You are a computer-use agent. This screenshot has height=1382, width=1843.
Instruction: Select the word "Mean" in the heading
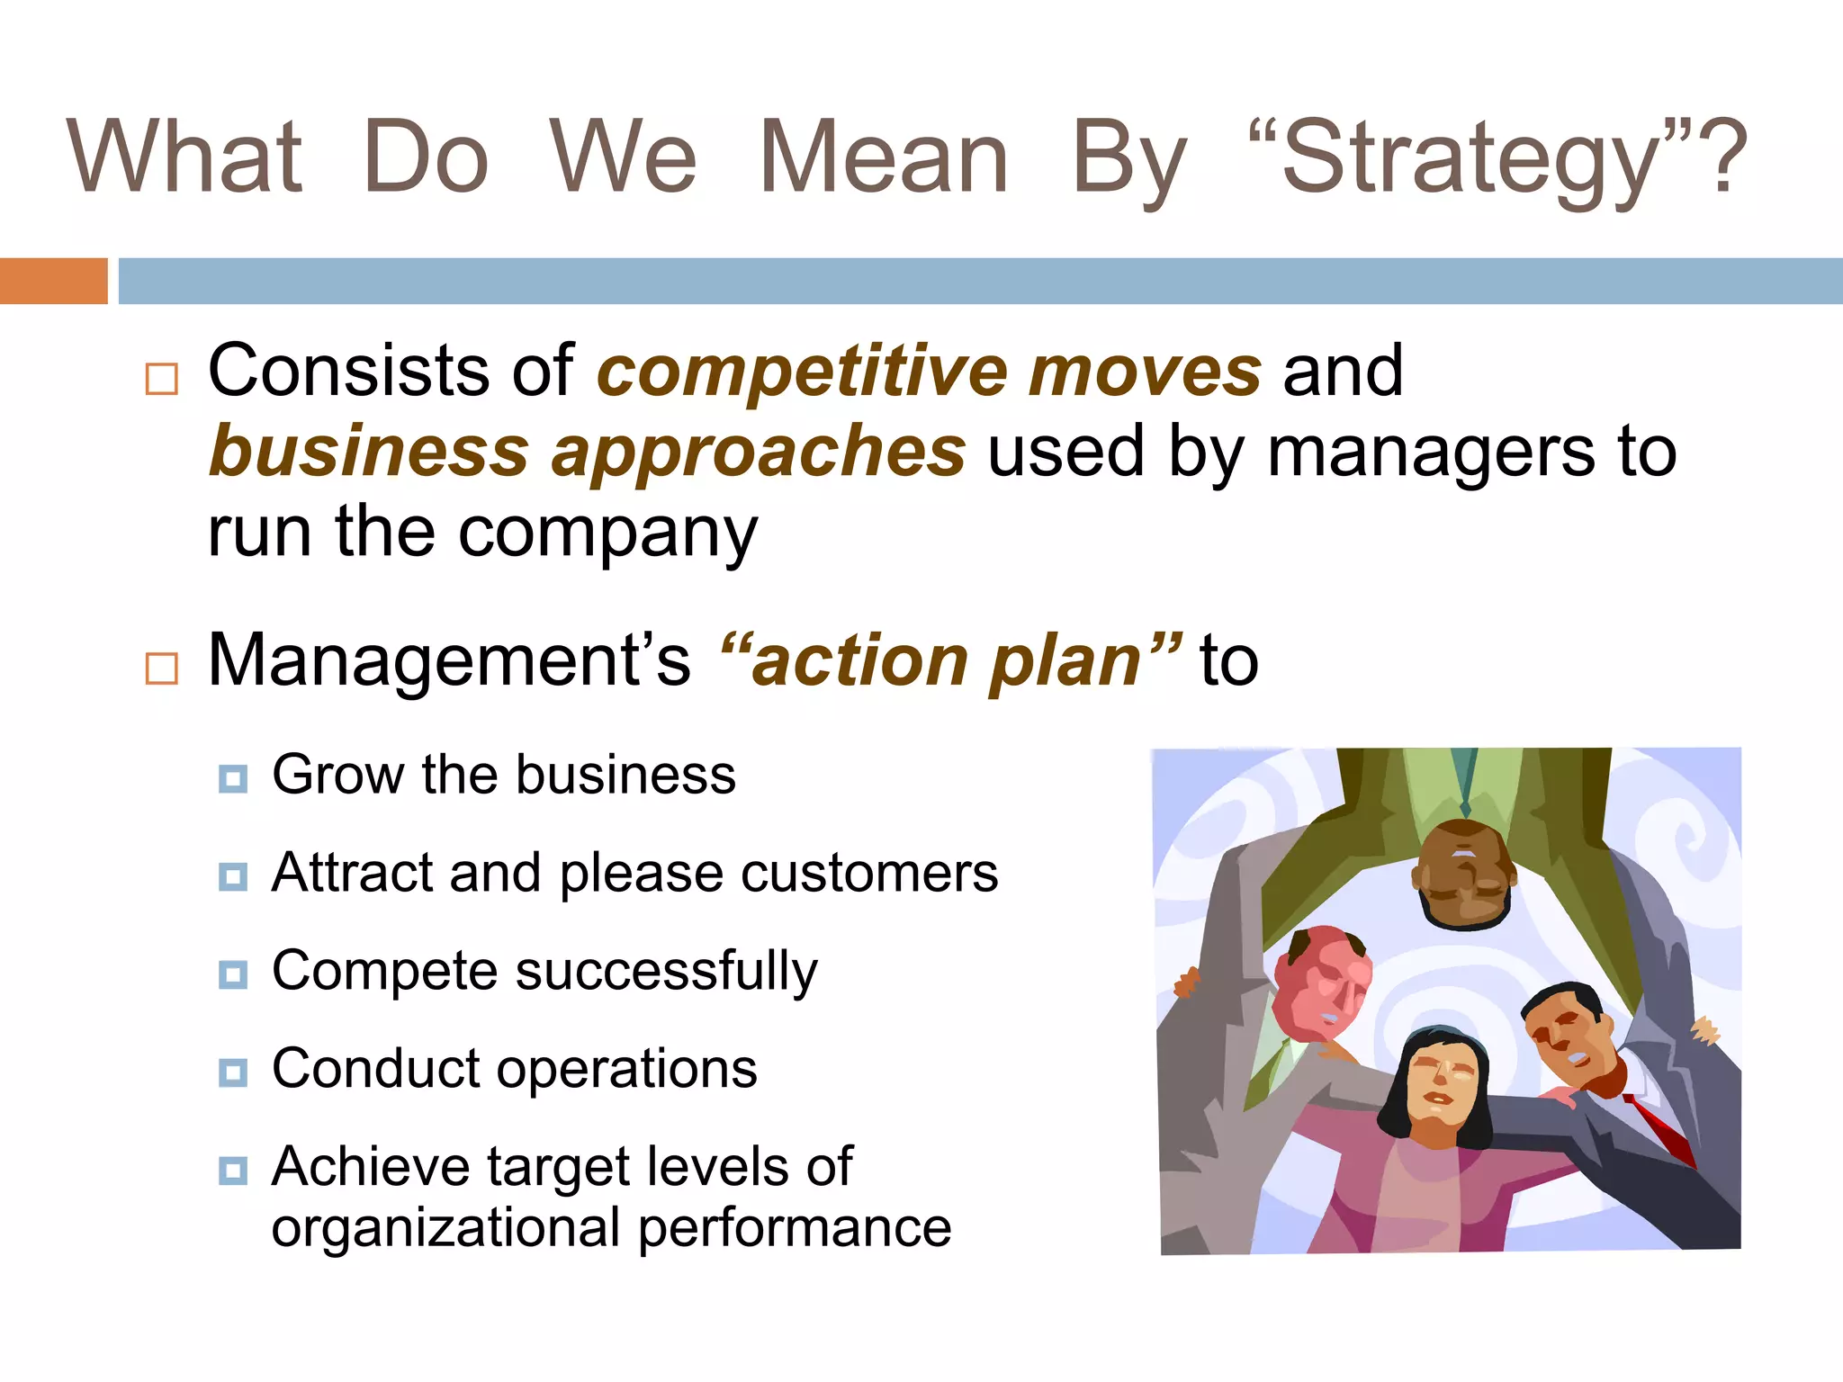coord(885,157)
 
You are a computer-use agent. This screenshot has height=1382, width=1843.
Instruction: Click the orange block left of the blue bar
coord(53,281)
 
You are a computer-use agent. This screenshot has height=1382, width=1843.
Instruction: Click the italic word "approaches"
coord(759,453)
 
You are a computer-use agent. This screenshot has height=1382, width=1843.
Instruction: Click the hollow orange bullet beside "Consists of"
coord(162,379)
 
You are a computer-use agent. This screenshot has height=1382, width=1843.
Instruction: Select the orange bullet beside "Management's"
coord(162,669)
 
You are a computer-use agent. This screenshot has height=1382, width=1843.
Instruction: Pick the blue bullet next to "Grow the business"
coord(233,778)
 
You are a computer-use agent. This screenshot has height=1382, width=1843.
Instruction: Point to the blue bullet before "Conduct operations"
coord(233,1072)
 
